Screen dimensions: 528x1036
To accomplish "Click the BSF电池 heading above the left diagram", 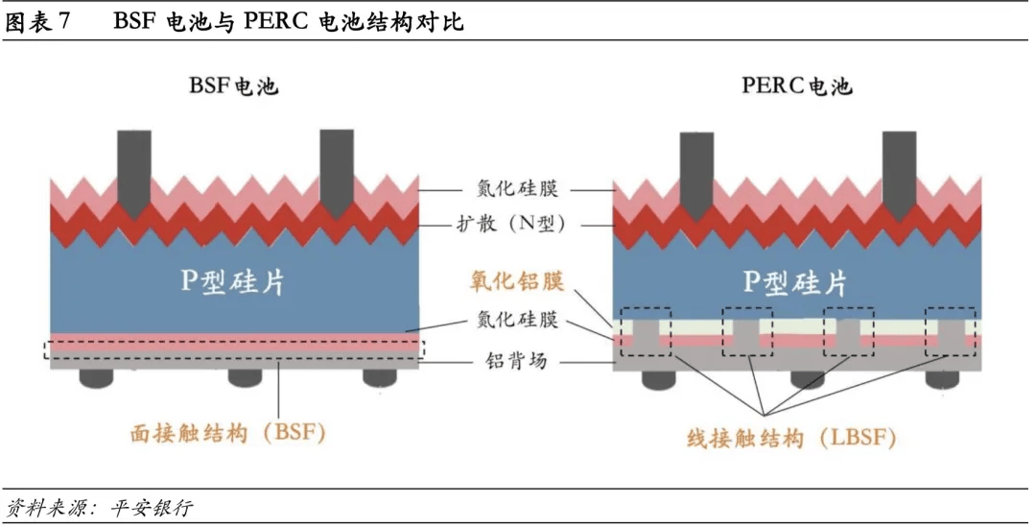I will tap(233, 86).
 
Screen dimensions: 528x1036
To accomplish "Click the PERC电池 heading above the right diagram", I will tap(796, 86).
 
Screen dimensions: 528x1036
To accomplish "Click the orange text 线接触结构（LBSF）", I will tap(791, 439).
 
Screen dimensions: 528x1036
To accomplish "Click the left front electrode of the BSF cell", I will tap(132, 168).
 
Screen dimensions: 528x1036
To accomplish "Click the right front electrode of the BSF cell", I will tap(336, 168).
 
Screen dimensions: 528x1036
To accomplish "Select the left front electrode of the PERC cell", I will tap(696, 168).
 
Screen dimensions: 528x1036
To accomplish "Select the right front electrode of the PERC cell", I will tap(899, 168).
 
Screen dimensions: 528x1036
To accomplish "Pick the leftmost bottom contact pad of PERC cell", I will tap(661, 379).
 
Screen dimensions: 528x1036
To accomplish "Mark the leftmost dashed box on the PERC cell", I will tap(646, 331).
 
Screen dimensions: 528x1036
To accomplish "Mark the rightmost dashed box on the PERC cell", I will tap(950, 331).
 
